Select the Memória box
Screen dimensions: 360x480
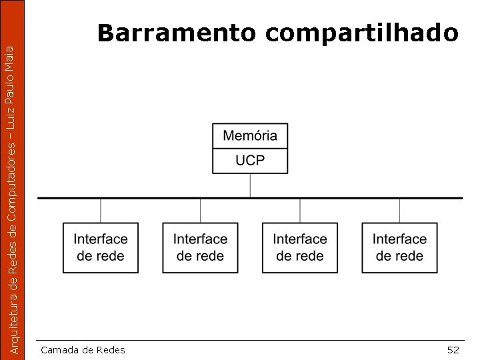pos(250,136)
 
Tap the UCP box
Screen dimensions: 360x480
pos(250,161)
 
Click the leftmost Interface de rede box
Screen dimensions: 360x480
pos(101,247)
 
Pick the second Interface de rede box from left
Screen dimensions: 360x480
pos(200,247)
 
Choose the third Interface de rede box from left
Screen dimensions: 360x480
pos(300,247)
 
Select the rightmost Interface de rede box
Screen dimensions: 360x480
pos(399,247)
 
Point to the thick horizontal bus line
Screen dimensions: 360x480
pos(167,198)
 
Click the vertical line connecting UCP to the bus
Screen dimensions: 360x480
pos(250,185)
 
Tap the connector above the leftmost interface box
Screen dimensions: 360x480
pos(101,210)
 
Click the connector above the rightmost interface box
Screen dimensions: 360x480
pos(399,210)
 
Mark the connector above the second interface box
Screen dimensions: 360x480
pos(200,210)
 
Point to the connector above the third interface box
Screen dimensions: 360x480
pos(300,210)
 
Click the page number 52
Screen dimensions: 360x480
pos(453,350)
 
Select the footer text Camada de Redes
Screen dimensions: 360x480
pos(83,350)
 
